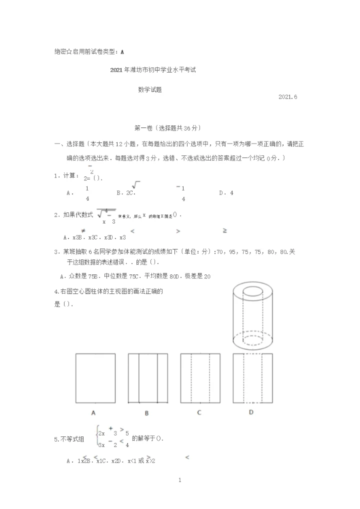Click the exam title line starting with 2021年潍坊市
click(x=152, y=70)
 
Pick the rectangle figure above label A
click(x=95, y=378)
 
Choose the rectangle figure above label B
click(x=148, y=378)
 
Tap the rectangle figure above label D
click(x=253, y=378)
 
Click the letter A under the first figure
click(x=93, y=413)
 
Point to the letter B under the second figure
click(x=147, y=413)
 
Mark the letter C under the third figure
click(x=199, y=413)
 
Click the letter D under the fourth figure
click(x=251, y=412)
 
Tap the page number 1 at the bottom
click(x=179, y=480)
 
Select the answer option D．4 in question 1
click(x=226, y=192)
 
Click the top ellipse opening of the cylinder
click(x=253, y=291)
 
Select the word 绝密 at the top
click(x=60, y=51)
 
